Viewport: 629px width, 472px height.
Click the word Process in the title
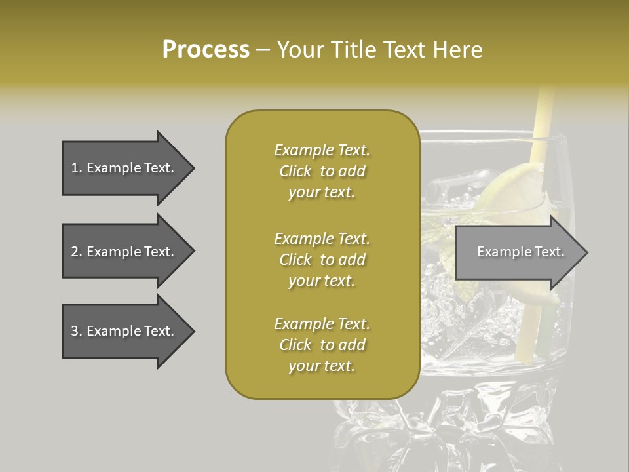[x=206, y=50]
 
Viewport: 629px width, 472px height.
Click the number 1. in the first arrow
[x=76, y=168]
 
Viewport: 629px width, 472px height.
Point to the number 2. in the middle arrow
[x=76, y=252]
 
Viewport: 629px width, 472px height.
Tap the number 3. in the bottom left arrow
[x=76, y=331]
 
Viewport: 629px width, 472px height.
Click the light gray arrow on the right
[x=518, y=252]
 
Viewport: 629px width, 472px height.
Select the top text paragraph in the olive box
[x=322, y=171]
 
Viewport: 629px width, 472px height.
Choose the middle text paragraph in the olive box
[x=322, y=260]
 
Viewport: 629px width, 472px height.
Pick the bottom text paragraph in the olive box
[x=322, y=345]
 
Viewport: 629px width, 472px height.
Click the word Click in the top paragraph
[x=295, y=171]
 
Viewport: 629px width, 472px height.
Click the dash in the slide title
[x=263, y=50]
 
